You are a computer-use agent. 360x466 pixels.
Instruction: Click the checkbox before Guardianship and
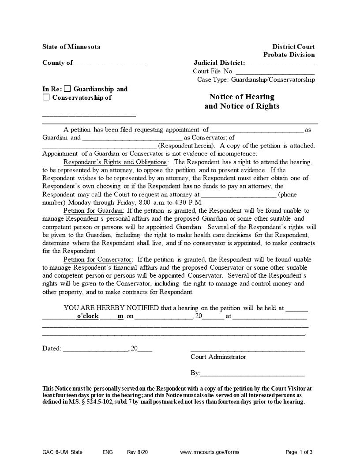point(67,89)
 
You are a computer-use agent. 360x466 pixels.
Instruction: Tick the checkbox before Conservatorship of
point(46,98)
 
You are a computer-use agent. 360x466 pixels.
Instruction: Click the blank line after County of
point(110,64)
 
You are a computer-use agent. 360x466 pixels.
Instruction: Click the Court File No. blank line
point(275,72)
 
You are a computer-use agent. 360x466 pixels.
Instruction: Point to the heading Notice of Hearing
point(242,97)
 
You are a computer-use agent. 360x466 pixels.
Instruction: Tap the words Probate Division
point(289,55)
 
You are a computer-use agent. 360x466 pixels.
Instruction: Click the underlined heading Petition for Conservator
point(97,259)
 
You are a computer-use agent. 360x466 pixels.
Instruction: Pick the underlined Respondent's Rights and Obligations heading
point(115,162)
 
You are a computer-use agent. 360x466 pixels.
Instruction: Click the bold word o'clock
point(87,316)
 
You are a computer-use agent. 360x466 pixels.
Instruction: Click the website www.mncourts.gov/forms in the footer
point(210,452)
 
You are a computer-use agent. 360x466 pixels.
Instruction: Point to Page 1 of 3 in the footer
point(299,452)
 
